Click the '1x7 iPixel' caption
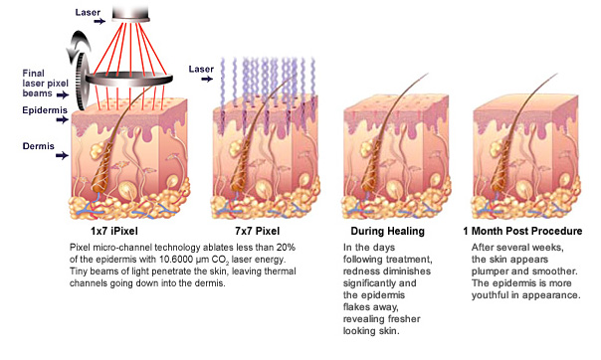coord(114,231)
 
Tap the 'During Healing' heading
coord(387,231)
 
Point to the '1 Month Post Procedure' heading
coord(522,231)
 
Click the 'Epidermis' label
coord(45,110)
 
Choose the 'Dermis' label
coord(39,146)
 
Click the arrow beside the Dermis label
coord(62,155)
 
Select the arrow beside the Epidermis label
coord(63,120)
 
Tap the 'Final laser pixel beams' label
coord(45,84)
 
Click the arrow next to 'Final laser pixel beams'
coord(63,94)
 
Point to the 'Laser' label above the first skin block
coord(88,12)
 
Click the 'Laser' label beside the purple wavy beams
coord(201,69)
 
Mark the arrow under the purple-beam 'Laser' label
coord(207,79)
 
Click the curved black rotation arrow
coord(79,47)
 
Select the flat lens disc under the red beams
coord(128,80)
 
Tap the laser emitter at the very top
coord(130,14)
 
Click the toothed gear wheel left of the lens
coord(82,82)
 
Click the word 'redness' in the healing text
coord(359,271)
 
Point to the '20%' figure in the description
coord(286,247)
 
